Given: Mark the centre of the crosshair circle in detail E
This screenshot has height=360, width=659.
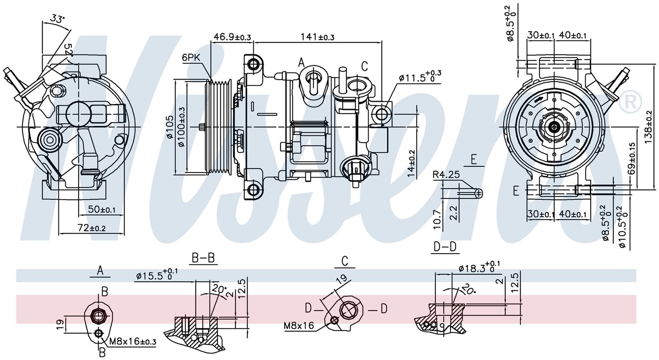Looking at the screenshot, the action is point(479,193).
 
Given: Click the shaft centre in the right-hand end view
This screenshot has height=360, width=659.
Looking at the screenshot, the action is point(554,127).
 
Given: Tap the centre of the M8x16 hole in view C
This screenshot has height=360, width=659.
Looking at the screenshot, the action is point(334,320).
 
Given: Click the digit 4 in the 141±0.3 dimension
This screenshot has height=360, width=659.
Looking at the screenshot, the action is point(312,37).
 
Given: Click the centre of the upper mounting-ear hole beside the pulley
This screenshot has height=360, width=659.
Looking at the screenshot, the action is point(253,63).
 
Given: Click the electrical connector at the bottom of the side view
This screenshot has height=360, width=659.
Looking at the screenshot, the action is point(355,170).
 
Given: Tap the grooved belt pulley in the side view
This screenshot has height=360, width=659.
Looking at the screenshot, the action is point(219,127).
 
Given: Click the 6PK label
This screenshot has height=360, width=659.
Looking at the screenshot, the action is point(191,58).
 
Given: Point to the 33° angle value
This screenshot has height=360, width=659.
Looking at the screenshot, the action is point(57,19).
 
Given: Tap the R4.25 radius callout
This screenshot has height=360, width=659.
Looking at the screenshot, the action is point(446,175).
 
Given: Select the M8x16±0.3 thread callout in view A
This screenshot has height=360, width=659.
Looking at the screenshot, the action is point(133,342).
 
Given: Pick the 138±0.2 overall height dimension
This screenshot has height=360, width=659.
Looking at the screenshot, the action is point(647,127).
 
